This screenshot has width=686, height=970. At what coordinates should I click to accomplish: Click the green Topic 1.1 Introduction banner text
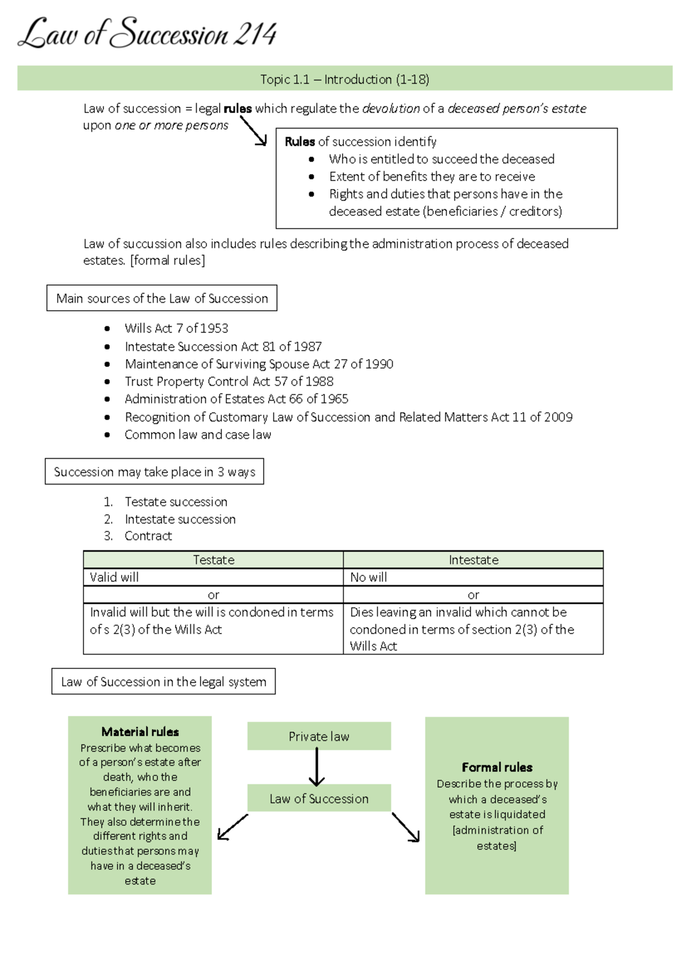pyautogui.click(x=345, y=79)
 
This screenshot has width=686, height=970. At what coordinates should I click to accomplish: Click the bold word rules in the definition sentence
pyautogui.click(x=237, y=109)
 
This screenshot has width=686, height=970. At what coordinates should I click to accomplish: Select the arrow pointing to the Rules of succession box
pyautogui.click(x=254, y=131)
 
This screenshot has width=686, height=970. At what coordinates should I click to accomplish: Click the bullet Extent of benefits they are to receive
pyautogui.click(x=432, y=177)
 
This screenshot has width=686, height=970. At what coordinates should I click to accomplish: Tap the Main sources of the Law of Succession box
pyautogui.click(x=162, y=298)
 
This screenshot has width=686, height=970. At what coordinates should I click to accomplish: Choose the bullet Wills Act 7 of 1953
pyautogui.click(x=176, y=328)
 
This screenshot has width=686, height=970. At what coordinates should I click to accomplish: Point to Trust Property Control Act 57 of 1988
pyautogui.click(x=229, y=382)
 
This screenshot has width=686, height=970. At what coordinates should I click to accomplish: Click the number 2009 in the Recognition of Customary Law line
pyautogui.click(x=559, y=417)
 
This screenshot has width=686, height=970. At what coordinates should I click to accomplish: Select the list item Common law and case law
pyautogui.click(x=198, y=435)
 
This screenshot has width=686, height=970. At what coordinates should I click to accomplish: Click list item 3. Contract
pyautogui.click(x=147, y=536)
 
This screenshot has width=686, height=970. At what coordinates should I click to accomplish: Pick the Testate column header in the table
pyautogui.click(x=213, y=560)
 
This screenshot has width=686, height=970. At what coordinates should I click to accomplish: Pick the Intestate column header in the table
pyautogui.click(x=473, y=560)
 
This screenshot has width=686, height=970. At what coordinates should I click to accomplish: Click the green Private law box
pyautogui.click(x=319, y=736)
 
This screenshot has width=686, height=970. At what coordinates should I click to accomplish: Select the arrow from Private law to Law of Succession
pyautogui.click(x=317, y=767)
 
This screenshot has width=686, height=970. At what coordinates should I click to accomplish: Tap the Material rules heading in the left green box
pyautogui.click(x=140, y=732)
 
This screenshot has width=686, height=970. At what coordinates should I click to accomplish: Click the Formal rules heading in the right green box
pyautogui.click(x=497, y=767)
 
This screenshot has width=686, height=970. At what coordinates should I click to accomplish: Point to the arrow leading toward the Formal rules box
pyautogui.click(x=406, y=827)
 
